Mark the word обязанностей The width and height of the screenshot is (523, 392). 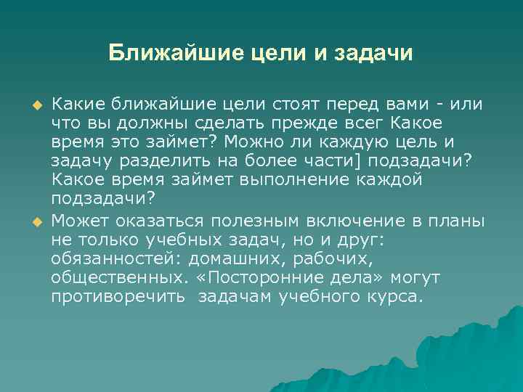click(x=115, y=259)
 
